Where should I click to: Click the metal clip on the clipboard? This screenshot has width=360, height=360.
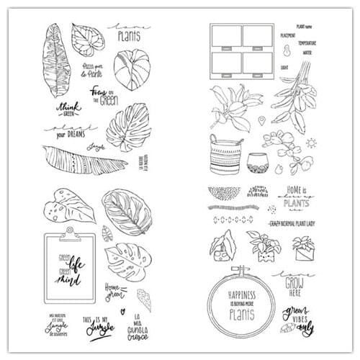click(x=69, y=231)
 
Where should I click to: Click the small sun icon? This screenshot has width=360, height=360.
click(x=310, y=143)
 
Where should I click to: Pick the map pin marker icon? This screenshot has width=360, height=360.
click(x=261, y=120)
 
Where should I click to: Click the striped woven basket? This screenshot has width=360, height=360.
click(x=224, y=153)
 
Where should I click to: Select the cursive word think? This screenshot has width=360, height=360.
click(x=68, y=105)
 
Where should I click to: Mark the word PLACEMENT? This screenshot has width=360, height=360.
click(x=287, y=34)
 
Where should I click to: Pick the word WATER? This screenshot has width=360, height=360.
click(x=307, y=52)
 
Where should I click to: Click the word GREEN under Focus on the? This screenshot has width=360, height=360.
click(x=108, y=100)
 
